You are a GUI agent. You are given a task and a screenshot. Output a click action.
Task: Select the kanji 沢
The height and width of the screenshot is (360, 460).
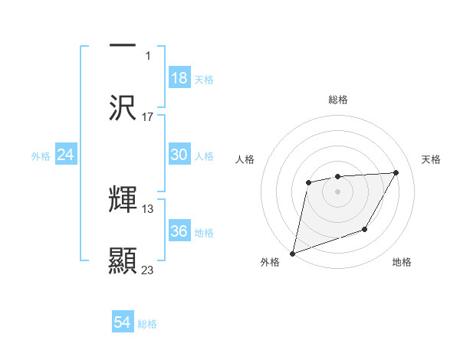(123, 108)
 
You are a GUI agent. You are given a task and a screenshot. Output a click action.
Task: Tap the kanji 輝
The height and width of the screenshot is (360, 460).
(123, 200)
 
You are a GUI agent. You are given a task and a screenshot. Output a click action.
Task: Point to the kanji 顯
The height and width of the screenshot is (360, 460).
(123, 261)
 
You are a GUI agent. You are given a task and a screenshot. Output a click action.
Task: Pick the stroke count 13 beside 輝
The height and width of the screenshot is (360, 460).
(148, 208)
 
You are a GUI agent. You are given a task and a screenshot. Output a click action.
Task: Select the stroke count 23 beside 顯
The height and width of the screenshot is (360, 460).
(148, 270)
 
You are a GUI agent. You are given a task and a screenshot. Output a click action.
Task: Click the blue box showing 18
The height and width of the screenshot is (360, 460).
(179, 78)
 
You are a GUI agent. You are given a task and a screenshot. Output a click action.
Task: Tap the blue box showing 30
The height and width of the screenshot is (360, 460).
(179, 155)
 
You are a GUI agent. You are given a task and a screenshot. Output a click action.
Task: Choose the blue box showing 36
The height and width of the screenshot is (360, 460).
(179, 231)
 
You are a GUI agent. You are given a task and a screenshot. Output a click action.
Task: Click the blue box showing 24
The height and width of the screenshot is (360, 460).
(66, 155)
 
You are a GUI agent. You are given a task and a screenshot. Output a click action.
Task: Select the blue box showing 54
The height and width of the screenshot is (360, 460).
(123, 322)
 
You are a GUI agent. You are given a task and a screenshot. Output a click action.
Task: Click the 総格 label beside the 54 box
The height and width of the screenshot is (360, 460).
(147, 324)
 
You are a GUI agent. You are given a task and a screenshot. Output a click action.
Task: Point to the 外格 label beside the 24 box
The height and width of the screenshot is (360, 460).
(41, 156)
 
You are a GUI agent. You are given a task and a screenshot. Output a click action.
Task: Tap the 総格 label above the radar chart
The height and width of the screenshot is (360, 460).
(338, 100)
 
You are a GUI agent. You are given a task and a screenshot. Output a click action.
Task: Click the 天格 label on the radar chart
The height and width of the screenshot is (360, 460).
(432, 159)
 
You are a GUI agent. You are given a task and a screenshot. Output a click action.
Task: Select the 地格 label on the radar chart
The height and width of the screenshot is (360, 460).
(402, 262)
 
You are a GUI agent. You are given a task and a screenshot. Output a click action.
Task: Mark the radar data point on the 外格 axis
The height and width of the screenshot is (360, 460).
(293, 253)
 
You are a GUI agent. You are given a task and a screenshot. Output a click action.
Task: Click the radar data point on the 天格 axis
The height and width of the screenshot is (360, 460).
(396, 173)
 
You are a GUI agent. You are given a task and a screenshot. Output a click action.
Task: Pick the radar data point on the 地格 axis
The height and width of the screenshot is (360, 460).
(365, 229)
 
